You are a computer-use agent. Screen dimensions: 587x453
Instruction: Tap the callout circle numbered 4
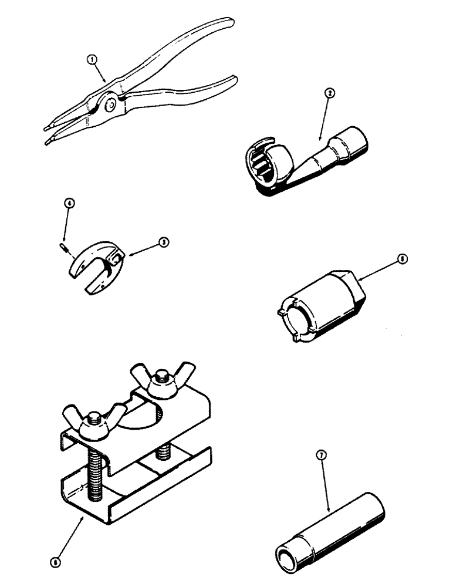[x=69, y=204]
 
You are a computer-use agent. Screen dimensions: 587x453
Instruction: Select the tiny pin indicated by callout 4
[x=62, y=248]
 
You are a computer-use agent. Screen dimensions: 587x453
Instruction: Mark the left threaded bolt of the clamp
[x=94, y=470]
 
